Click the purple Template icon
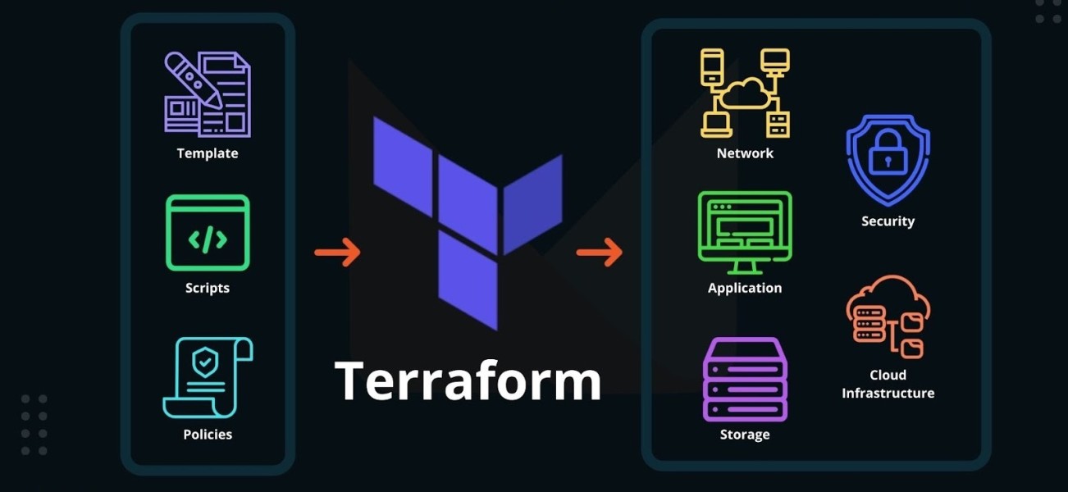pos(208,93)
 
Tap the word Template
pos(208,153)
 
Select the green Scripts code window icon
pos(208,233)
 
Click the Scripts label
pos(208,288)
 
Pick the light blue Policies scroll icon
pos(208,378)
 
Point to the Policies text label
pos(208,435)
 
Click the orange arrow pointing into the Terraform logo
pos(337,252)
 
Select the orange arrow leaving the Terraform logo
pos(600,252)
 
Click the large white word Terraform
pos(468,380)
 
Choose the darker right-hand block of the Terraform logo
pos(532,203)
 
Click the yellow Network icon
pos(745,93)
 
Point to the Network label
pos(745,153)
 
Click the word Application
pos(745,288)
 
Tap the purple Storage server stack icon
pos(745,379)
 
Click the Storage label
pos(745,435)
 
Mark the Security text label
pos(888,221)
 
